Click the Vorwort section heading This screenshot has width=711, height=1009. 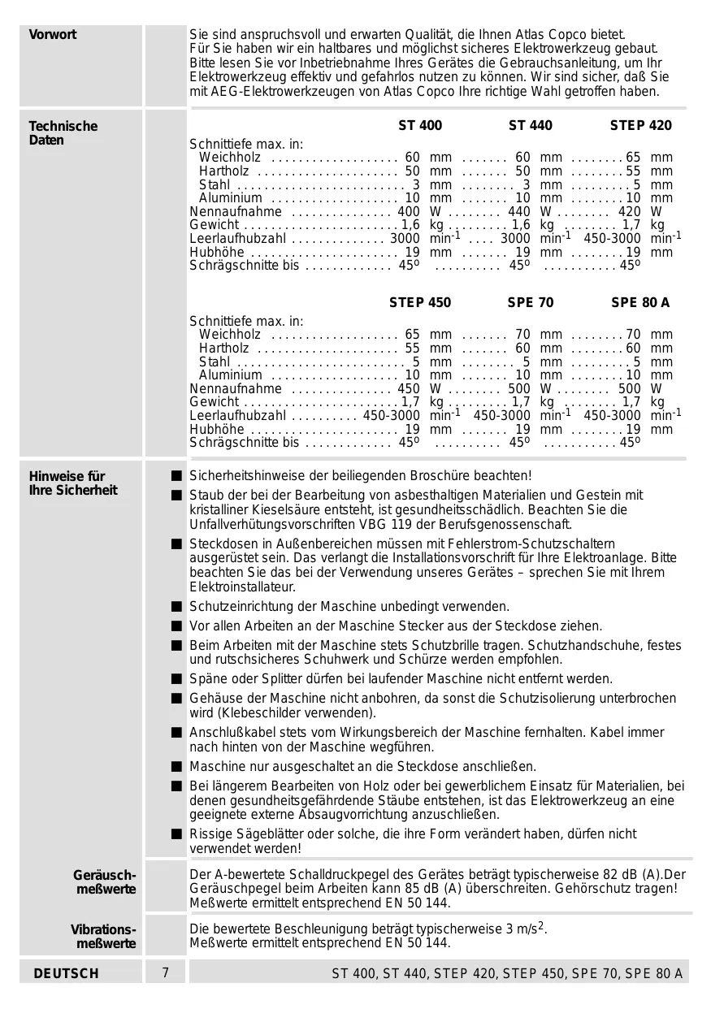click(x=53, y=35)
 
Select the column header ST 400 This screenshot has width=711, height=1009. click(x=420, y=126)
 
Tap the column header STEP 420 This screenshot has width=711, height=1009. click(x=640, y=126)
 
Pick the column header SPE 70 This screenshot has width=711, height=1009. click(x=531, y=303)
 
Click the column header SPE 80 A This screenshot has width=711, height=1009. click(x=640, y=303)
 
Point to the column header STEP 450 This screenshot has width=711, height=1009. click(x=419, y=303)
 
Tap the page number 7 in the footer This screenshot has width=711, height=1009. click(x=166, y=972)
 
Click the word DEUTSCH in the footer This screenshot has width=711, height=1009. click(x=67, y=973)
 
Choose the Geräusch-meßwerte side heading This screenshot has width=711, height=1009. click(x=105, y=881)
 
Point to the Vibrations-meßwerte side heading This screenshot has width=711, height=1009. click(x=103, y=936)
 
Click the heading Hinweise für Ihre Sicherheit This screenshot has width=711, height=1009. click(x=73, y=483)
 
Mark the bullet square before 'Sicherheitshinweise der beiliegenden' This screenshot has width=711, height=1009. click(x=176, y=475)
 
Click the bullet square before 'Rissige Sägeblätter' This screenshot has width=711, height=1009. click(x=176, y=834)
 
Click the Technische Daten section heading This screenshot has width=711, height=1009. click(x=63, y=133)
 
